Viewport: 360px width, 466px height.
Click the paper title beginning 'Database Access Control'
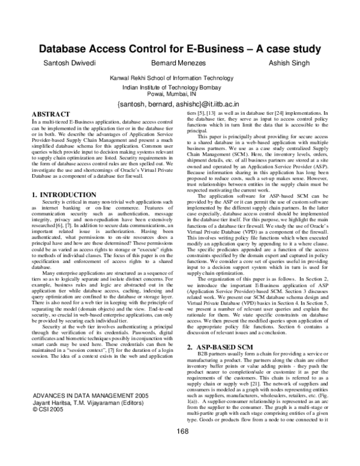pyautogui.click(x=180, y=49)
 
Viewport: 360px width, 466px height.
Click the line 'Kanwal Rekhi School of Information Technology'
pyautogui.click(x=180, y=79)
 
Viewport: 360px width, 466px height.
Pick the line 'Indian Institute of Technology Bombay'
pyautogui.click(x=180, y=88)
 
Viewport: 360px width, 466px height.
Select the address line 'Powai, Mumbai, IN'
pyautogui.click(x=180, y=94)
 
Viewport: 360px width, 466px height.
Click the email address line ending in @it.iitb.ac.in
pyautogui.click(x=180, y=104)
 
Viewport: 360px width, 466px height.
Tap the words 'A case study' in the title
pyautogui.click(x=285, y=49)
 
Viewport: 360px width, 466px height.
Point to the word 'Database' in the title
pyautogui.click(x=67, y=49)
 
